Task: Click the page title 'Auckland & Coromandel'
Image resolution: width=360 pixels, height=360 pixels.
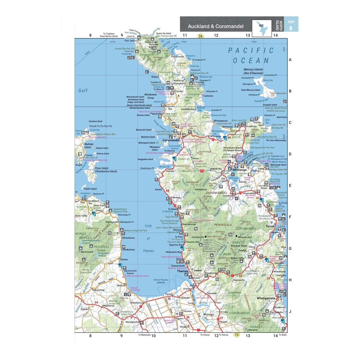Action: [x=215, y=26]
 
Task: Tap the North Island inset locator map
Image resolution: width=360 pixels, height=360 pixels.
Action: [x=261, y=26]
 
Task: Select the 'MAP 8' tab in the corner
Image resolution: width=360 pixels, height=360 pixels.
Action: [x=291, y=24]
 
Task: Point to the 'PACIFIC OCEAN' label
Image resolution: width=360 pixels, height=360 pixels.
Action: [x=251, y=55]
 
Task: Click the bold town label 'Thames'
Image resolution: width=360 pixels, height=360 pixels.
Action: [x=182, y=271]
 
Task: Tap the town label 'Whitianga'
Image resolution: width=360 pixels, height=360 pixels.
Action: [x=240, y=170]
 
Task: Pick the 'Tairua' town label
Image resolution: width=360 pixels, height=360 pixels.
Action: [x=270, y=226]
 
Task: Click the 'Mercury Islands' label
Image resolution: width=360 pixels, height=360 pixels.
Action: [x=253, y=70]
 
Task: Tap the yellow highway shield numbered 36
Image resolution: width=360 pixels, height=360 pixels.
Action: [x=200, y=36]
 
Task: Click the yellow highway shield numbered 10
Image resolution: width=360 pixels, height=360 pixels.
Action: [x=236, y=335]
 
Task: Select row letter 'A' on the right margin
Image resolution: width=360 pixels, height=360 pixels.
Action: [x=290, y=60]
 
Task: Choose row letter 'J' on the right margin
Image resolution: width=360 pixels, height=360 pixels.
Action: [x=290, y=312]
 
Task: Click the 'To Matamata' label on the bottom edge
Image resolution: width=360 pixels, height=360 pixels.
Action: [x=144, y=335]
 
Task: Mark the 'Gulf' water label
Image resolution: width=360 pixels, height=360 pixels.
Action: [x=83, y=91]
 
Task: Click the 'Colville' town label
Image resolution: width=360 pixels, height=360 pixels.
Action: [x=179, y=91]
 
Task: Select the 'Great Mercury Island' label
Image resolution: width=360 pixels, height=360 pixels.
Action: [x=250, y=90]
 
